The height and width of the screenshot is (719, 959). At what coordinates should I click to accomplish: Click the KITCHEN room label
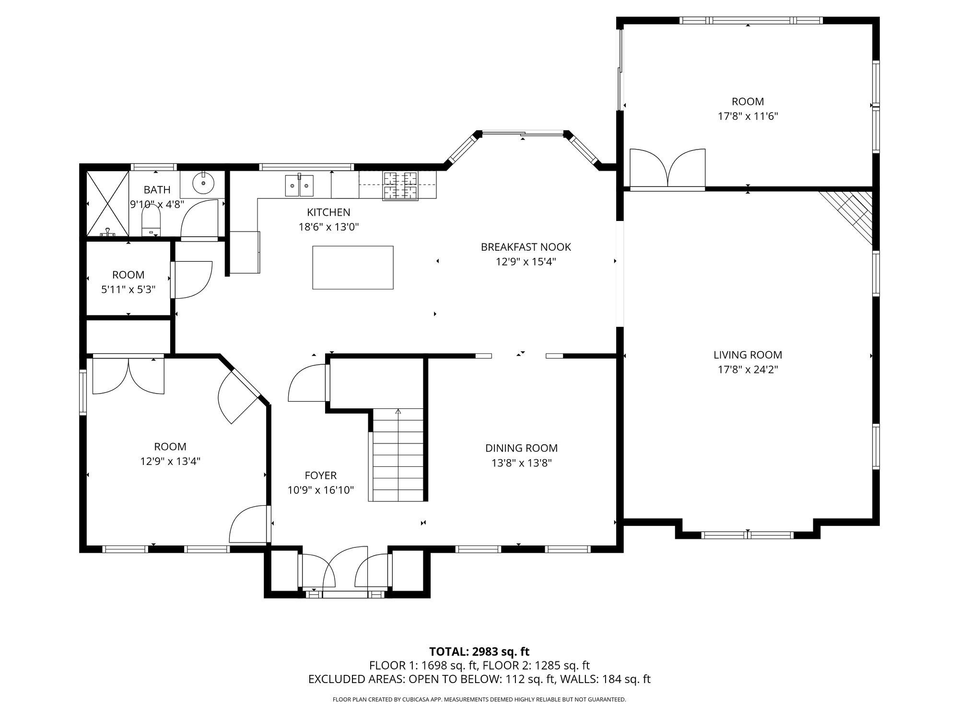click(328, 212)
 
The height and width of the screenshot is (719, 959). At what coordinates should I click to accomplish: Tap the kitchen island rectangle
click(353, 267)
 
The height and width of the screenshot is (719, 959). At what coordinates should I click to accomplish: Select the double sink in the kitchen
click(299, 186)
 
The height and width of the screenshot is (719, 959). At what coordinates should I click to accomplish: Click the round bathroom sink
click(204, 182)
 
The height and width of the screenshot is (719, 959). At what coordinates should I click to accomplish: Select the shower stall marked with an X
click(107, 203)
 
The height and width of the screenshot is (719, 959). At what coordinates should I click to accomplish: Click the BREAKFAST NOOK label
click(526, 247)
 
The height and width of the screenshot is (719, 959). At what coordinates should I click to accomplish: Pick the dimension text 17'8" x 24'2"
click(748, 370)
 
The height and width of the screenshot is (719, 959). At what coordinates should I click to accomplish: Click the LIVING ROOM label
click(748, 355)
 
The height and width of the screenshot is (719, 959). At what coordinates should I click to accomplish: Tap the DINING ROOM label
click(521, 448)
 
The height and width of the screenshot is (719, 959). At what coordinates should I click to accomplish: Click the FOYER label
click(320, 475)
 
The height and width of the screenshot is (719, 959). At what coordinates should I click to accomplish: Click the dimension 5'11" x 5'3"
click(128, 290)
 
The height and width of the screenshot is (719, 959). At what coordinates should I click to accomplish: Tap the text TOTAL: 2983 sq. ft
click(479, 651)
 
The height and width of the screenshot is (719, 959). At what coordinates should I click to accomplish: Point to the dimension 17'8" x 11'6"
click(748, 116)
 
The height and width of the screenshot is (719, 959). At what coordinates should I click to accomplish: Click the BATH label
click(157, 190)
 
